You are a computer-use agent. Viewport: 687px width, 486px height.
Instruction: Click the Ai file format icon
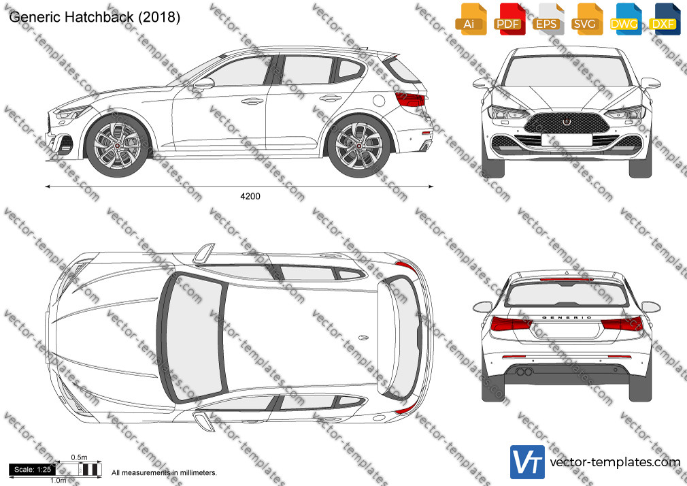pyautogui.click(x=471, y=19)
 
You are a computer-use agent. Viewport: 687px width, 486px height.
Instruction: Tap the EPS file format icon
pyautogui.click(x=548, y=19)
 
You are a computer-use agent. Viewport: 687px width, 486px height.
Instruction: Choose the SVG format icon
pyautogui.click(x=586, y=19)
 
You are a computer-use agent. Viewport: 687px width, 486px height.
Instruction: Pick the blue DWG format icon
pyautogui.click(x=625, y=19)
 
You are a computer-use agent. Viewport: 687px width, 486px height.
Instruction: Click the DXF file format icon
pyautogui.click(x=664, y=19)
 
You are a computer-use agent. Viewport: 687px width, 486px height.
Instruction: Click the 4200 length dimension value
pyautogui.click(x=250, y=196)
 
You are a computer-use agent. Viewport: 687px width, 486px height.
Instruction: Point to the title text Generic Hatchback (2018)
pyautogui.click(x=95, y=17)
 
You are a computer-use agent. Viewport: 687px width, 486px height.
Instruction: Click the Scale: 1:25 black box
pyautogui.click(x=33, y=470)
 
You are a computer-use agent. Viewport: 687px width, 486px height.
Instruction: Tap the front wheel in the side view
pyautogui.click(x=118, y=146)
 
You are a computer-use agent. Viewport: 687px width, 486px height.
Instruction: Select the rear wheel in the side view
pyautogui.click(x=359, y=146)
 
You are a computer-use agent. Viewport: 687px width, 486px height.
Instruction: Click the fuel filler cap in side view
pyautogui.click(x=379, y=101)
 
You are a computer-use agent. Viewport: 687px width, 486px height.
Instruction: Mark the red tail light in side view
pyautogui.click(x=410, y=99)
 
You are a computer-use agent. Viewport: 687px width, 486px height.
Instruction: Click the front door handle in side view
pyautogui.click(x=252, y=101)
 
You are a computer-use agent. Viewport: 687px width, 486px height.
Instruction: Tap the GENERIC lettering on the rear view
pyautogui.click(x=567, y=318)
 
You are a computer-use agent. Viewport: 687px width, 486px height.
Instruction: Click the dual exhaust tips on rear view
pyautogui.click(x=524, y=372)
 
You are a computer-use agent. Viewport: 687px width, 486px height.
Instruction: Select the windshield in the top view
pyautogui.click(x=192, y=337)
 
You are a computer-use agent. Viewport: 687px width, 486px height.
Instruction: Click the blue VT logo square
pyautogui.click(x=527, y=462)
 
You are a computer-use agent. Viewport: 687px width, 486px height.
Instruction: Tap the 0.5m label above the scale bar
pyautogui.click(x=79, y=457)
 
